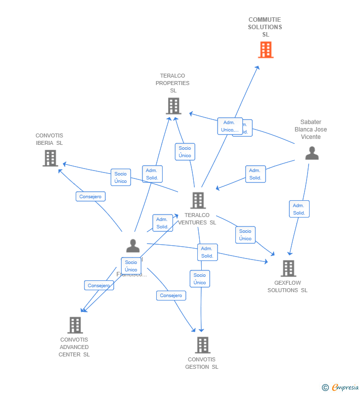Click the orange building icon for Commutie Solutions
266,50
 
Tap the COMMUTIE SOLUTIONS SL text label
265,27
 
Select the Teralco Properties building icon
174,106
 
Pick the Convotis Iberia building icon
50,158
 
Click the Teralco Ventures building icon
198,200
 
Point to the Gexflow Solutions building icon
288,268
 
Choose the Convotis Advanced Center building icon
75,325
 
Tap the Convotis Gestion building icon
202,345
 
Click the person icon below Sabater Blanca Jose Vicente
312,153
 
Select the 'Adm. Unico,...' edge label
230,126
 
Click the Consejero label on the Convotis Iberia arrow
90,196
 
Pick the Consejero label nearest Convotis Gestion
171,296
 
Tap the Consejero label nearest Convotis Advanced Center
99,285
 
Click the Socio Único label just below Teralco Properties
185,152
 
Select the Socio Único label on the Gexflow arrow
245,235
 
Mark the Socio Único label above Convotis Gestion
200,279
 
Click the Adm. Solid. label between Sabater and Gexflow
299,209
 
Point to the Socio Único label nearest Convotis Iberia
121,177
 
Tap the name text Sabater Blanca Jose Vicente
311,130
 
